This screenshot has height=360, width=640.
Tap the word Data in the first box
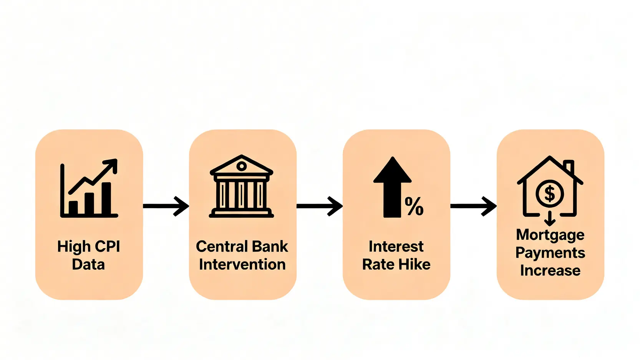point(88,264)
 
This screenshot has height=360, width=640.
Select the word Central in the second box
point(221,246)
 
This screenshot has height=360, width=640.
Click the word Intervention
point(242,264)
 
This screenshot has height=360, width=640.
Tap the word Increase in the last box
point(550,270)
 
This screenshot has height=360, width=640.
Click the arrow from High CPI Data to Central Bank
point(166,206)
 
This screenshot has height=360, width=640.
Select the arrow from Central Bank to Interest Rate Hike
point(320,206)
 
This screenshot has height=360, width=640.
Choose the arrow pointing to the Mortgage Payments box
point(473,206)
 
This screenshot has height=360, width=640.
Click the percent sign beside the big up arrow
point(414,206)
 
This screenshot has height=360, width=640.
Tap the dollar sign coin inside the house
point(550,194)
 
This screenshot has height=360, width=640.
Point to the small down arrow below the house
point(550,219)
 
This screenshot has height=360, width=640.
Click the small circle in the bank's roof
point(241,166)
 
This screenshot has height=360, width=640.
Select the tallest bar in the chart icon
point(106,198)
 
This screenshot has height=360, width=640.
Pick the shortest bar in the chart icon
point(73,207)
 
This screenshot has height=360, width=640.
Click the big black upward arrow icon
point(392,187)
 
